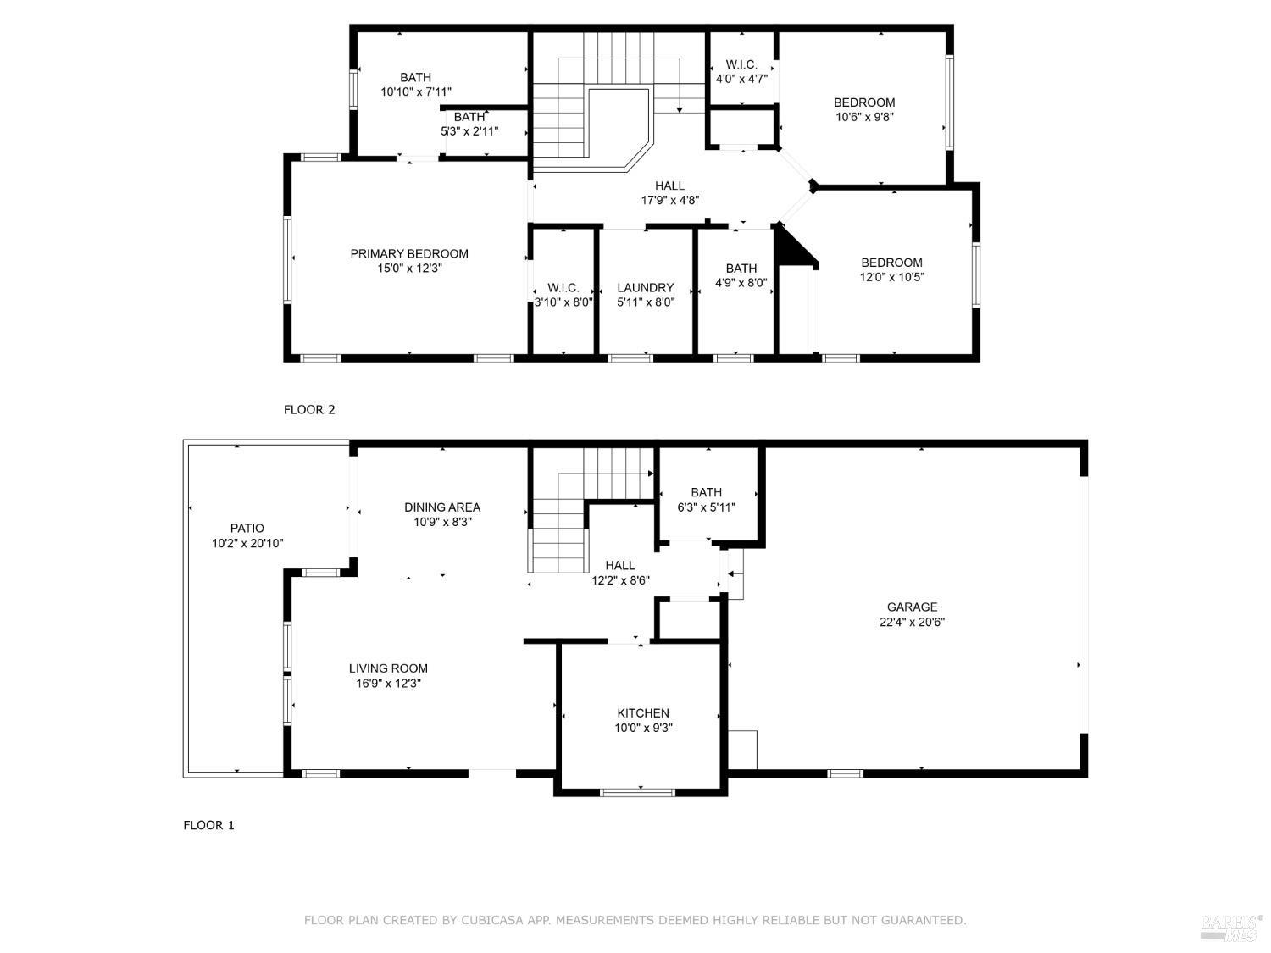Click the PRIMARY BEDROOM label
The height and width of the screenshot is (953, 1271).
click(x=409, y=254)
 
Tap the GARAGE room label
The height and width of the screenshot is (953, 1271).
click(x=912, y=607)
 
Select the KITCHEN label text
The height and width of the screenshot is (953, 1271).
click(x=643, y=713)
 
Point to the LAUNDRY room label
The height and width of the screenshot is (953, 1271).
click(x=646, y=288)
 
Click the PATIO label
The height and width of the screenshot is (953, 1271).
click(x=247, y=529)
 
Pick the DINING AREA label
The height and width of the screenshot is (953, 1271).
click(x=442, y=507)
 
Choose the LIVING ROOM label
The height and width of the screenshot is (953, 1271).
click(x=388, y=668)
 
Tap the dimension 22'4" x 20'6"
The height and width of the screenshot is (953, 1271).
click(x=912, y=622)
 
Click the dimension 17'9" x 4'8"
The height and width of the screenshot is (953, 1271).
click(x=669, y=201)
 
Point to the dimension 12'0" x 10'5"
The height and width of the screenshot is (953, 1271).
click(x=892, y=277)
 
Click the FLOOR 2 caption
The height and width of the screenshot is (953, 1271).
click(x=309, y=410)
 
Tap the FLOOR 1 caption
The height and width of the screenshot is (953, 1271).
click(x=208, y=825)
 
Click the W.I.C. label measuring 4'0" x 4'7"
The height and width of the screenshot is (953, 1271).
click(x=741, y=65)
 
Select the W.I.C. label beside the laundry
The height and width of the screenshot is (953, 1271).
click(x=563, y=288)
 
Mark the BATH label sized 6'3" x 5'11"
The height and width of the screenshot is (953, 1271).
click(x=707, y=493)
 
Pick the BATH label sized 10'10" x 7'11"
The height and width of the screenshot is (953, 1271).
click(x=416, y=77)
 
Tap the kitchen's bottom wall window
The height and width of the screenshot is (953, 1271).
click(x=637, y=793)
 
